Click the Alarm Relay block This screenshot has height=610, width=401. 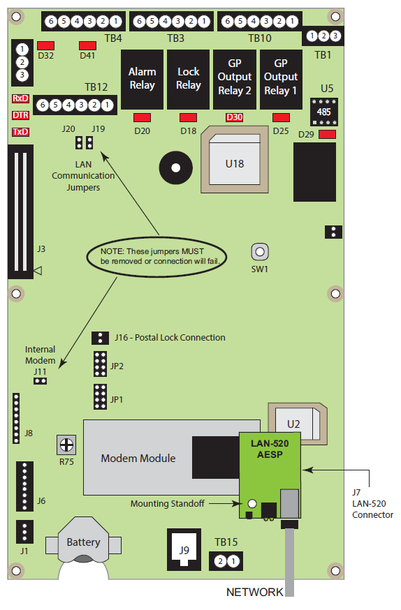pos(142,80)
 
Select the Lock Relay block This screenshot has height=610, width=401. pos(188,80)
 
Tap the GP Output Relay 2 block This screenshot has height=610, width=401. pos(234,80)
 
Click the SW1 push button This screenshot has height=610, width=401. pos(260,252)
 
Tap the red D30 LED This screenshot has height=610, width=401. pos(234,117)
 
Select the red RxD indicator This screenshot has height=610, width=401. pos(21,98)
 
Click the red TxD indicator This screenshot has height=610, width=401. pos(21,132)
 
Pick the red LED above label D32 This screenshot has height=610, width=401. pos(45,45)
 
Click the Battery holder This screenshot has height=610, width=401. pos(83,541)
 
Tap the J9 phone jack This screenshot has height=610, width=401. pos(184,550)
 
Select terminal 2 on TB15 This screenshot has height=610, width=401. pos(220,561)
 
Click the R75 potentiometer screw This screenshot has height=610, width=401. pos(66,445)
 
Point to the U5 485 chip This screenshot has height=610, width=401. pos(324,112)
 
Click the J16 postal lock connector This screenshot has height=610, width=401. pos(100,338)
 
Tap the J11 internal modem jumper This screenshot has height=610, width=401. pos(40,381)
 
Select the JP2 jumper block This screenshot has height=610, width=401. pos(100,364)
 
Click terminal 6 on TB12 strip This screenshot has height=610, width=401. pos(43,105)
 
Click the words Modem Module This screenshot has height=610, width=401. pos(138,458)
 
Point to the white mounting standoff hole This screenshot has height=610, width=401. pos(252,503)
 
